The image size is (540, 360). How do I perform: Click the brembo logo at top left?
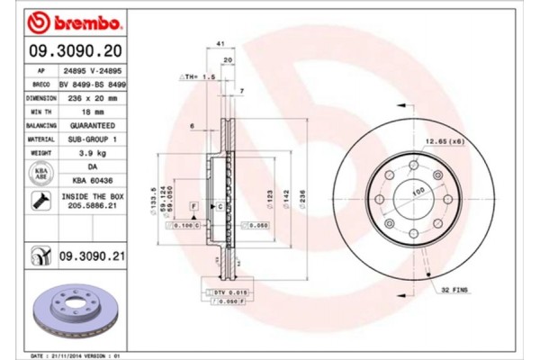(67, 19)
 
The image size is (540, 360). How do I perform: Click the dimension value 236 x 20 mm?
(92, 98)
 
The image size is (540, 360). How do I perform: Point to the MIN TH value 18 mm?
(92, 112)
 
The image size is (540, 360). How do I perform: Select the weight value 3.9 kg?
(92, 154)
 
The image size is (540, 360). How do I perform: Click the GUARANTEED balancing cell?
(92, 126)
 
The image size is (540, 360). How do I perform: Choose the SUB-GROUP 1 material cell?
(92, 139)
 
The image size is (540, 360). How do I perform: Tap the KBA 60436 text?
(92, 181)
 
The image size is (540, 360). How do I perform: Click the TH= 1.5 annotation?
(200, 78)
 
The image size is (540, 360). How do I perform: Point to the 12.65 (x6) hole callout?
(444, 141)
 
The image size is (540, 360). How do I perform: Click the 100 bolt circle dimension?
(418, 192)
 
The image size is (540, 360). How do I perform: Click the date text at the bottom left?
(76, 355)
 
